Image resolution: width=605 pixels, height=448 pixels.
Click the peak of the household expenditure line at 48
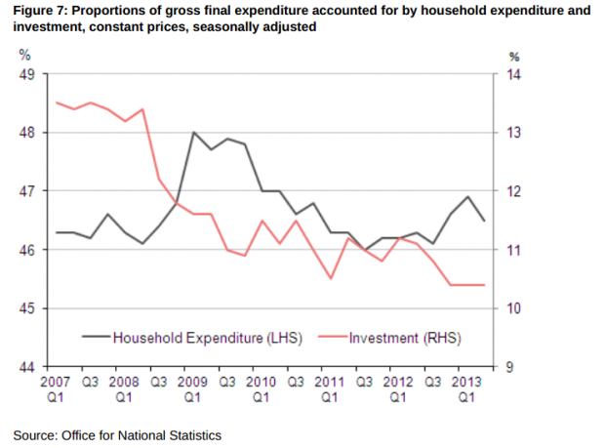click(193, 132)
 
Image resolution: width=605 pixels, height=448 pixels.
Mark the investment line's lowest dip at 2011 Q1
click(331, 278)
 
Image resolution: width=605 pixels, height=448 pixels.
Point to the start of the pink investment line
click(57, 102)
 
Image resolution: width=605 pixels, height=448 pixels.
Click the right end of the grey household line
click(485, 221)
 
